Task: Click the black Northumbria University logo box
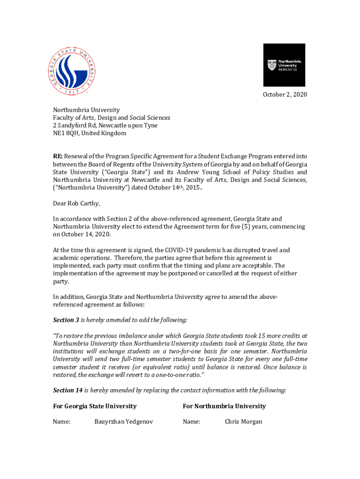[284, 65]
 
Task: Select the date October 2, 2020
[285, 95]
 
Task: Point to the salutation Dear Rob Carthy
[76, 203]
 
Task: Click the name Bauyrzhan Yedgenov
[123, 421]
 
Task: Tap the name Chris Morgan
[243, 421]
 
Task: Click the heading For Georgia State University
[94, 406]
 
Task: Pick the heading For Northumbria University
[224, 406]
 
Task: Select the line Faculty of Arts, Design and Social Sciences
[111, 118]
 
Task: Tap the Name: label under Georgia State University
[61, 421]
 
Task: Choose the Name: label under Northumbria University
[191, 421]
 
